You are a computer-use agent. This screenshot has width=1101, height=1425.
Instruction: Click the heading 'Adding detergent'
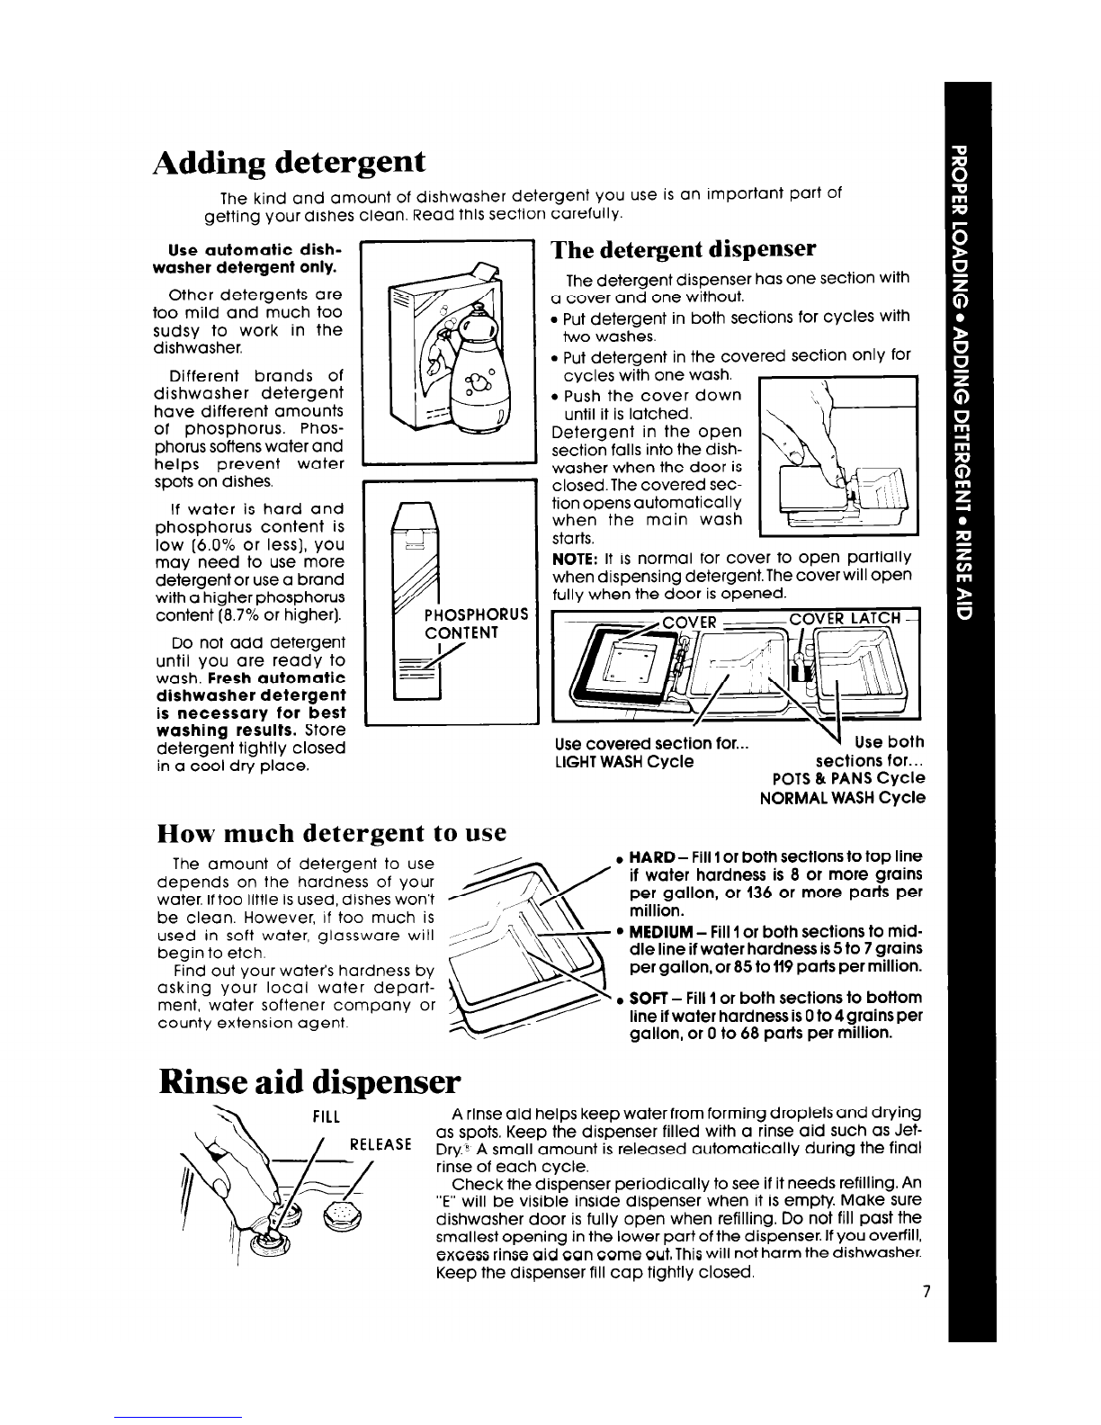coord(289,163)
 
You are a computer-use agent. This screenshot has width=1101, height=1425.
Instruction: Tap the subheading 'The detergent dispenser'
coord(684,250)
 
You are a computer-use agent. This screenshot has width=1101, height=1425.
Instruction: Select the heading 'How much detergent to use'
coord(332,833)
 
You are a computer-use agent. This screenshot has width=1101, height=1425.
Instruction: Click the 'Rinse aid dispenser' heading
coord(309,1082)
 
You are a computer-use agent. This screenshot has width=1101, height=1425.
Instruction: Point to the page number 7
coord(926,1291)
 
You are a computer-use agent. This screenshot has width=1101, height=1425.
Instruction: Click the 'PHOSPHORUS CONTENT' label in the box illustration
coord(476,623)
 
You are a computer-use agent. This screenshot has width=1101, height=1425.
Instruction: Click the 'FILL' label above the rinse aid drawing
coord(326,1116)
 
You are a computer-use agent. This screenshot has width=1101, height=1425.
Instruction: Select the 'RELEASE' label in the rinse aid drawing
coord(380,1145)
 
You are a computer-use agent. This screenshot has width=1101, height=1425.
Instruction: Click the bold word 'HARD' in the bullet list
coord(652,857)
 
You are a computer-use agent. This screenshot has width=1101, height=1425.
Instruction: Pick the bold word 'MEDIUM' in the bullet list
coord(659,932)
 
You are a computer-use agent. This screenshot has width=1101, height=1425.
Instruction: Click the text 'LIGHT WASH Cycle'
coord(624,761)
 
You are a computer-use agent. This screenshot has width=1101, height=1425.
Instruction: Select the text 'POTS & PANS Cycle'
coord(848,778)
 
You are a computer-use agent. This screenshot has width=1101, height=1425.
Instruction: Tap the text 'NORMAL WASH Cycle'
coord(843,798)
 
